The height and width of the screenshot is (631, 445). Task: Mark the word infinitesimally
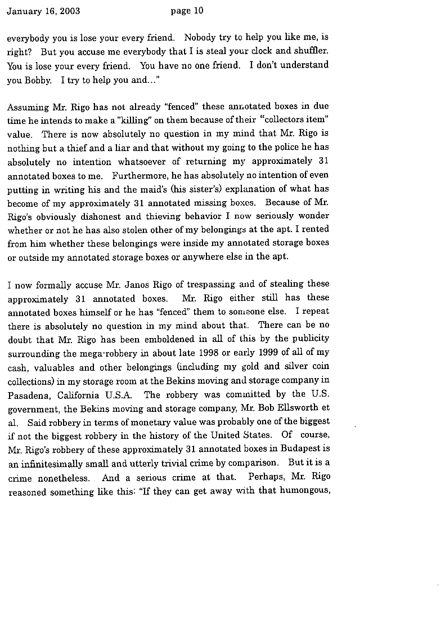click(55, 461)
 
